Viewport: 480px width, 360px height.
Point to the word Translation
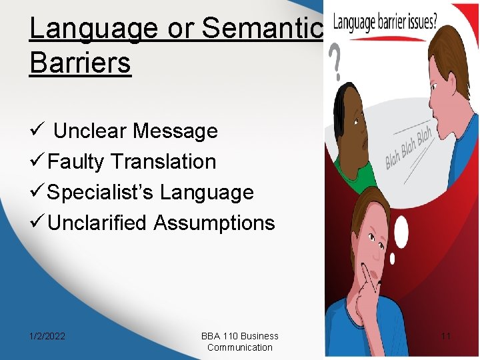[x=164, y=161]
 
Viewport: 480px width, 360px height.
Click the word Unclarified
[x=98, y=223]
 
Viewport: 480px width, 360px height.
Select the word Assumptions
[x=214, y=223]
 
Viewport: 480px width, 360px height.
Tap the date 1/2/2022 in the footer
[x=47, y=336]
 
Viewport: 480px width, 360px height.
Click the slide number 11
[x=445, y=336]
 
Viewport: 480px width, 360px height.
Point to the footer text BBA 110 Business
[x=239, y=336]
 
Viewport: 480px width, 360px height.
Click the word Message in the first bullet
[x=175, y=131]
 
